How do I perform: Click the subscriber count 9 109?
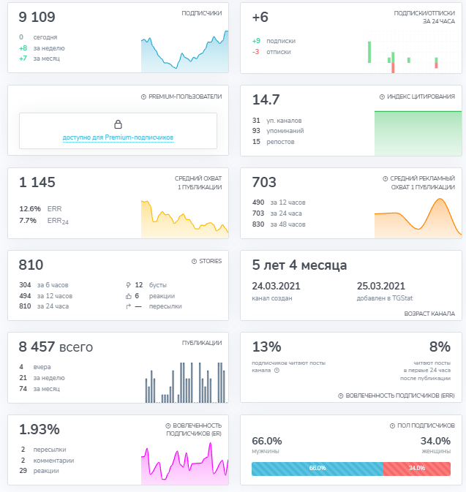point(37,17)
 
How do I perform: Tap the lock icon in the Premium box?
point(118,124)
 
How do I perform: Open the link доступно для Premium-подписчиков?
point(118,137)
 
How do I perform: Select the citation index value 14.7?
point(266,99)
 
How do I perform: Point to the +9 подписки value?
point(256,41)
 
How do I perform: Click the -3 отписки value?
point(255,52)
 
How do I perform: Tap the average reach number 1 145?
point(37,182)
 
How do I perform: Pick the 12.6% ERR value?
point(30,209)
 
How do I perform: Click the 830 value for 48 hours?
point(258,224)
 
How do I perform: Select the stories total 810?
point(31,265)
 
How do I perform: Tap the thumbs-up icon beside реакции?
point(129,296)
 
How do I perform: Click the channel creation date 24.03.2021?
point(276,286)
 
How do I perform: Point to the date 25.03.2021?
point(381,286)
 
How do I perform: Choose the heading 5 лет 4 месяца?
point(299,265)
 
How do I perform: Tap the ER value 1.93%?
point(40,430)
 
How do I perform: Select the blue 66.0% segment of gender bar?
point(317,469)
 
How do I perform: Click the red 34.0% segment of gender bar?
point(417,469)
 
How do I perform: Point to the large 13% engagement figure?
point(266,347)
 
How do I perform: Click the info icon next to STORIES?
point(194,262)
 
